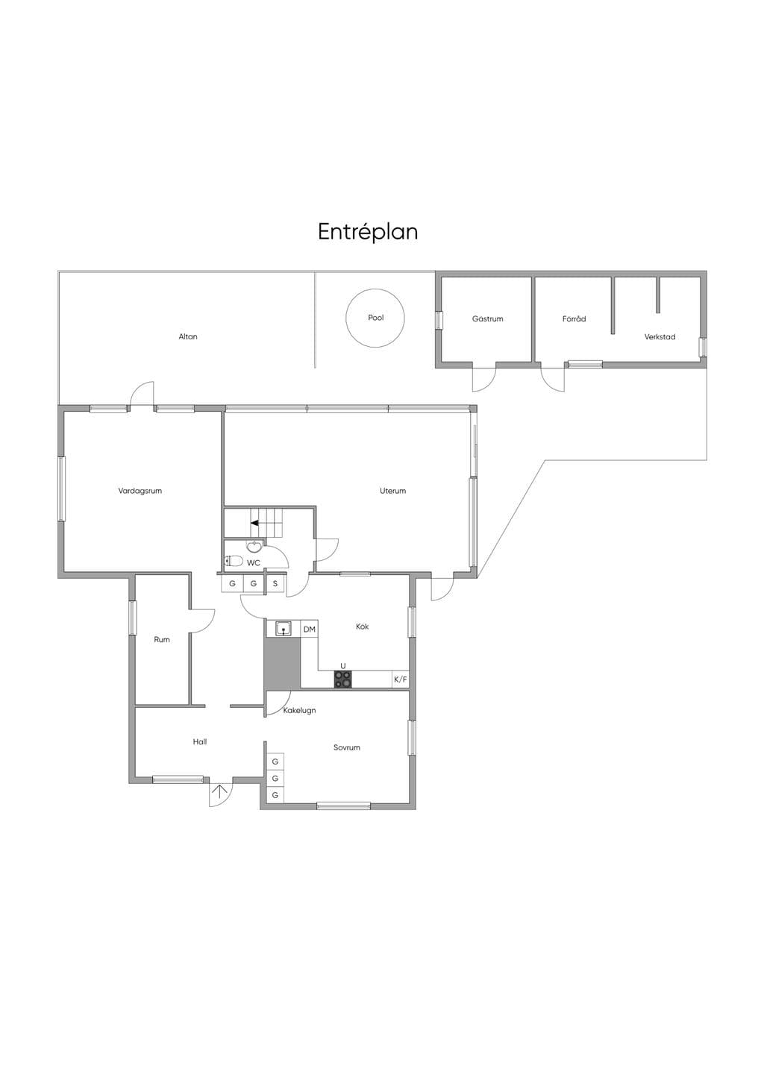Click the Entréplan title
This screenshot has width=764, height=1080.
[368, 233]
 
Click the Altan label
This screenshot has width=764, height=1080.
[188, 336]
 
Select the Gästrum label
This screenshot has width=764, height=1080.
[488, 318]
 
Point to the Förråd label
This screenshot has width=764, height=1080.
[574, 318]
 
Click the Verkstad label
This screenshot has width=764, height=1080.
[660, 337]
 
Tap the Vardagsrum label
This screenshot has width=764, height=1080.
[140, 491]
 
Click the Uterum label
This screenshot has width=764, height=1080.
[392, 491]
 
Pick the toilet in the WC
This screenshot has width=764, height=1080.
[234, 561]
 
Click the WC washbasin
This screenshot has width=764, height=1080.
[254, 546]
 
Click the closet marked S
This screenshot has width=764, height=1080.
[275, 584]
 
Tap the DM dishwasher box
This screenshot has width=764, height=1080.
[309, 630]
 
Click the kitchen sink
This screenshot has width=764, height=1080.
[284, 628]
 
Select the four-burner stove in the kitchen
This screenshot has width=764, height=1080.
[343, 679]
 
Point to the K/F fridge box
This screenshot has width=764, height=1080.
[401, 679]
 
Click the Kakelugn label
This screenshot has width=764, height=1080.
[299, 710]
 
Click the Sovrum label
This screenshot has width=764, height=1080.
[347, 748]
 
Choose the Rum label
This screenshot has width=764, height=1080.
[162, 640]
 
